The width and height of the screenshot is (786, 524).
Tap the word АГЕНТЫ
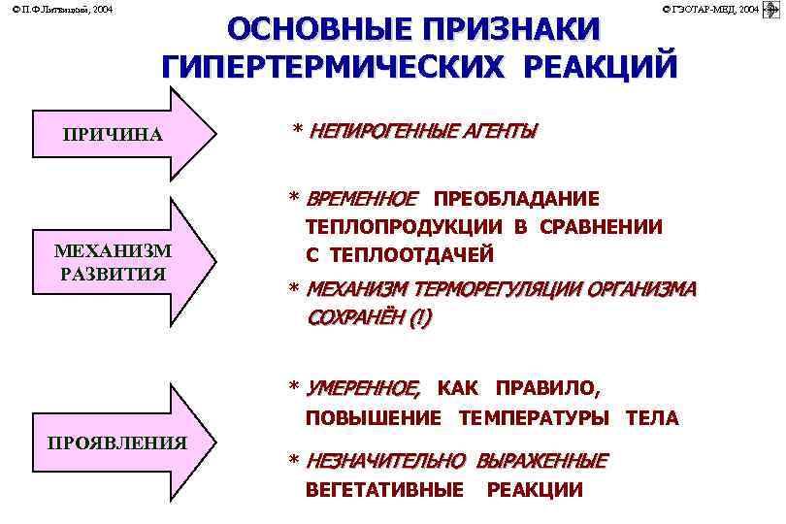504,131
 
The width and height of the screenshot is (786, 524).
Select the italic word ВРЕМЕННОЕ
362,199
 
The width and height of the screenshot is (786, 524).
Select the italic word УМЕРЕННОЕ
363,389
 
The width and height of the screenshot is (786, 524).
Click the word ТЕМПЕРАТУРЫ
535,418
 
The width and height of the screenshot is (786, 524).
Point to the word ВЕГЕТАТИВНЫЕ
384,490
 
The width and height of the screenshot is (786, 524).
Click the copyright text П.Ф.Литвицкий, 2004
55,9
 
